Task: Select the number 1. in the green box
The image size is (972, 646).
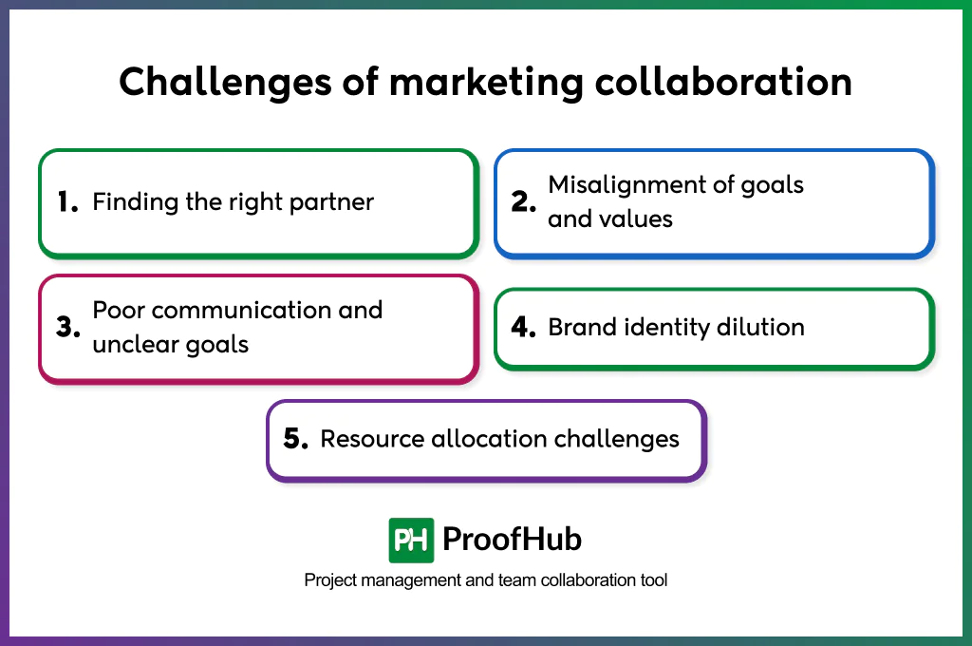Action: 67,202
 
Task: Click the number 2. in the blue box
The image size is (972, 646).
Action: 524,202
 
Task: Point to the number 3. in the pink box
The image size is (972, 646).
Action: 67,328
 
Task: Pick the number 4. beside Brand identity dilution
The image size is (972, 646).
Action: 524,328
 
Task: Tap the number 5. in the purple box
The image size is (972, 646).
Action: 296,439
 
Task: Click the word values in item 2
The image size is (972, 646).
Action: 634,219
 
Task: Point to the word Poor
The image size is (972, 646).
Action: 119,311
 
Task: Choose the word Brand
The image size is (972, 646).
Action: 579,328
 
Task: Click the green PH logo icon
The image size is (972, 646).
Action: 411,541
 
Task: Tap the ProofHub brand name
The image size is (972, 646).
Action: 512,541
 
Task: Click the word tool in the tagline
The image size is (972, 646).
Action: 653,579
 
